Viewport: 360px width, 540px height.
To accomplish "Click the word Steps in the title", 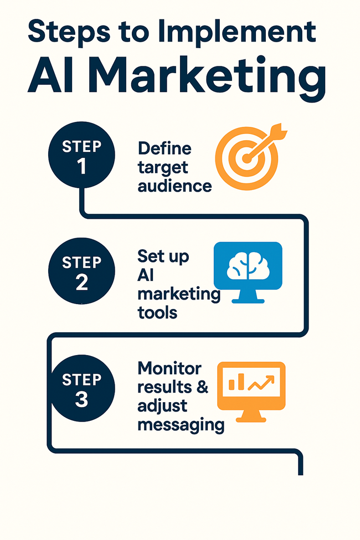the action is [69, 32].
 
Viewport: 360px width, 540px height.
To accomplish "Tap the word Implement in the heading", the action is [236, 32].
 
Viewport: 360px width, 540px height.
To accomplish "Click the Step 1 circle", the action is [81, 155].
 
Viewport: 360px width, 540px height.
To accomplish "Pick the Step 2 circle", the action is [81, 271].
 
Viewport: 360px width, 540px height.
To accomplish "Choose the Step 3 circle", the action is [81, 388].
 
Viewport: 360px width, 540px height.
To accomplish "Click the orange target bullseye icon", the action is [246, 158].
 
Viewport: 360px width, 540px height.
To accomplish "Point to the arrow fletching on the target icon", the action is [279, 131].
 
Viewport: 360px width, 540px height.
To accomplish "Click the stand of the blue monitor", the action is [248, 296].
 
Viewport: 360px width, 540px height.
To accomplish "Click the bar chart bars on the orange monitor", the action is [236, 382].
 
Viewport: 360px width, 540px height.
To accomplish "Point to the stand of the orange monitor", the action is [251, 416].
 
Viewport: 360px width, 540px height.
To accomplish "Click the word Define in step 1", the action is [164, 149].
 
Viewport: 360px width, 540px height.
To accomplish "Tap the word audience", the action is [174, 186].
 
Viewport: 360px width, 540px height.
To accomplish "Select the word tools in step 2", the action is [157, 313].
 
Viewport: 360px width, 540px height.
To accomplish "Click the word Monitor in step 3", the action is [169, 368].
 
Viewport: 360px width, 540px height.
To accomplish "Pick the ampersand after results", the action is [203, 387].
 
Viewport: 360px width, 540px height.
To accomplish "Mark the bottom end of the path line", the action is [300, 475].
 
